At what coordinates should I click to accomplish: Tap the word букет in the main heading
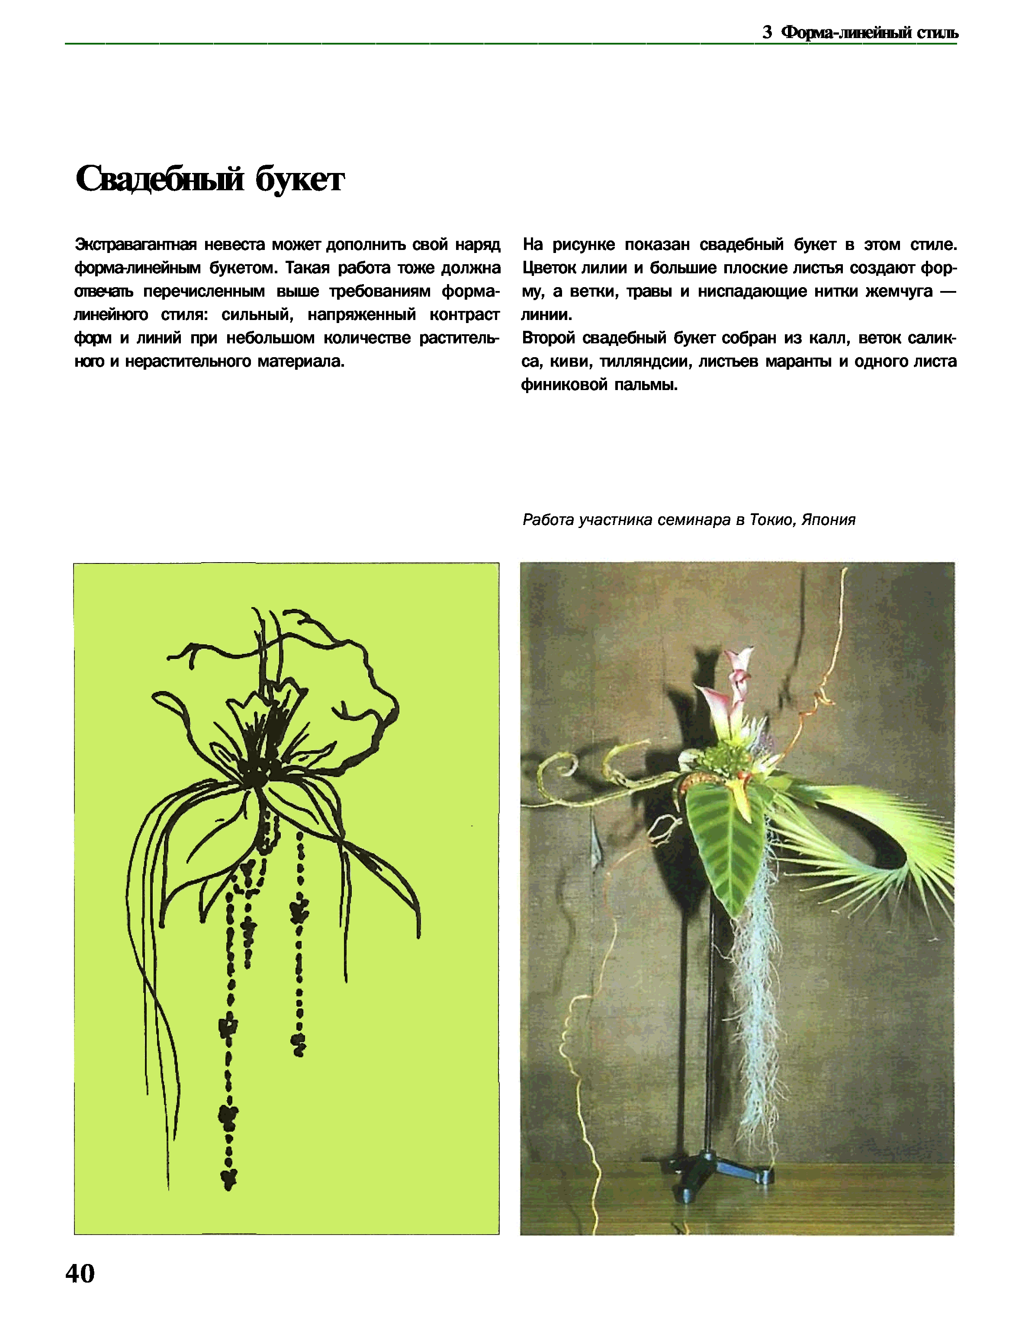tap(299, 180)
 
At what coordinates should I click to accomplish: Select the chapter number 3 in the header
tap(767, 32)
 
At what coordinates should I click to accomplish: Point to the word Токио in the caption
tap(773, 520)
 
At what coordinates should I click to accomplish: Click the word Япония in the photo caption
tap(829, 520)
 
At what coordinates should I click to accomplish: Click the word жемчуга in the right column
tap(899, 291)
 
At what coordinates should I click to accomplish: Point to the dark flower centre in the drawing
tap(255, 772)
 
